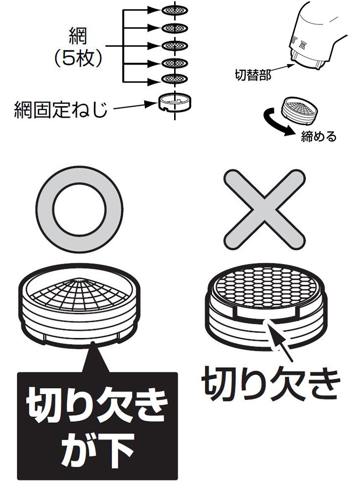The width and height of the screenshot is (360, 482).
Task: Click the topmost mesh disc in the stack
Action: tap(175, 10)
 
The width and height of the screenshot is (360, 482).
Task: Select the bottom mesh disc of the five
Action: tap(175, 79)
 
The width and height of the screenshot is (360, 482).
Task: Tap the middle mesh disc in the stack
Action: tap(175, 45)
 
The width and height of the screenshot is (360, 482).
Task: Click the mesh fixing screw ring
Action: tap(175, 102)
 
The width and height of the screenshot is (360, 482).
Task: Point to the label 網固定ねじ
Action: tap(61, 110)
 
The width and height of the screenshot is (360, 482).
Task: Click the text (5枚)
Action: tap(78, 58)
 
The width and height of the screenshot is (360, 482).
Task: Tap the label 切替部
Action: tap(253, 75)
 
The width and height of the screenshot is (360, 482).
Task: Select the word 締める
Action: tap(319, 136)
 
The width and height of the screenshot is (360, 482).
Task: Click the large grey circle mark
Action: tap(79, 210)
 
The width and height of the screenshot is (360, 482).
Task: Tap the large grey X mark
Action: tap(265, 210)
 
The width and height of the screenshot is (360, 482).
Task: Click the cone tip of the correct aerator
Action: tap(80, 280)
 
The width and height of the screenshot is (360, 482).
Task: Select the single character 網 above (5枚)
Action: tap(78, 36)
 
